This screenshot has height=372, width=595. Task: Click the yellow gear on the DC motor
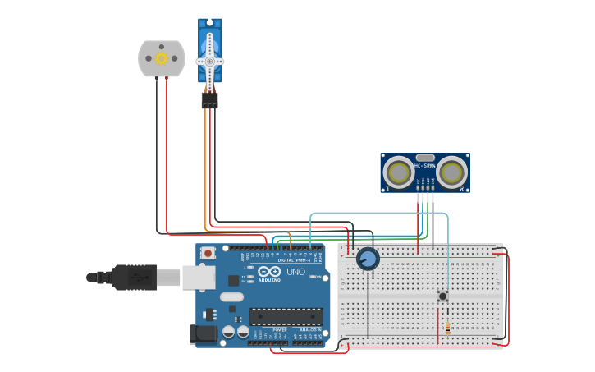162,58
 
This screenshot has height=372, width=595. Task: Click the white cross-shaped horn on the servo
210,62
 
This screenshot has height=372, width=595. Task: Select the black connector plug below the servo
210,100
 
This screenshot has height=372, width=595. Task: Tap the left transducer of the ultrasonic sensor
399,172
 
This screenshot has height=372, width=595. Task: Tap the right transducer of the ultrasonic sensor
451,172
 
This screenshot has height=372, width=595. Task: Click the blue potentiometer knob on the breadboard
368,259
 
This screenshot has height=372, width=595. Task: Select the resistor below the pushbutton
446,328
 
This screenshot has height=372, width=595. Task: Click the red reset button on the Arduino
208,253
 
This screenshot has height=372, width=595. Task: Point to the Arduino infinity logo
269,272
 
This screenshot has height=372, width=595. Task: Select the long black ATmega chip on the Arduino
286,316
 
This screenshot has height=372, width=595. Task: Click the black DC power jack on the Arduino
202,334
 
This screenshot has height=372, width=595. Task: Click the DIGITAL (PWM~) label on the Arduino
294,260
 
